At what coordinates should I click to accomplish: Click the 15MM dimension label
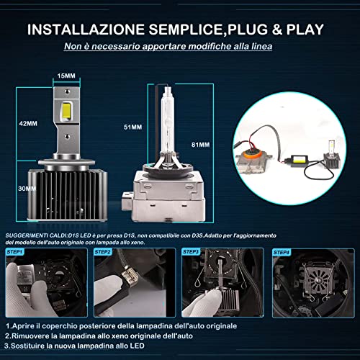[x=67, y=75]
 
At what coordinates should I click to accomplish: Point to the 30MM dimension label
[x=27, y=188]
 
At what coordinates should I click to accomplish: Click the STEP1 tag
[x=14, y=252]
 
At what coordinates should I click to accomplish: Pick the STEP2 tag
[x=102, y=252]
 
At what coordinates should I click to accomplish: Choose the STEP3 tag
[x=192, y=252]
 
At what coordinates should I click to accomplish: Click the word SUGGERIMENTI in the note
[x=27, y=235]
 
